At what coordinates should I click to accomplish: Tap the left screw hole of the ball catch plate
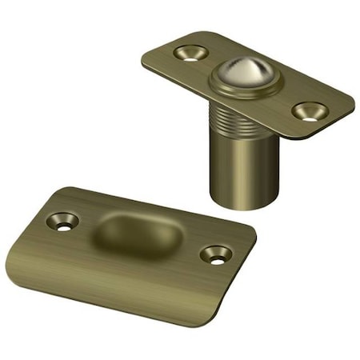191,53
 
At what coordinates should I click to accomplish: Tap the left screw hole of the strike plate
62,220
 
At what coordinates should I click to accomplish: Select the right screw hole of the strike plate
216,254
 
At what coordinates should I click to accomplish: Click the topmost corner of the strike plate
80,189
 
